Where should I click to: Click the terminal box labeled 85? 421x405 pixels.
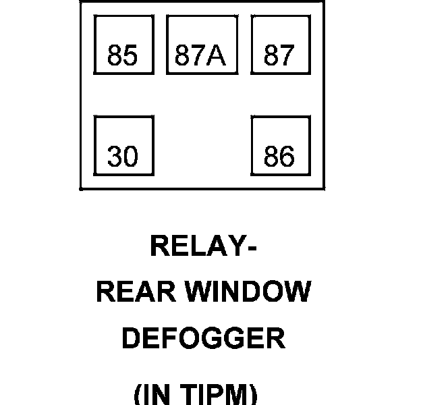(x=123, y=45)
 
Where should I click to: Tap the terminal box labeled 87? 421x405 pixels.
(x=280, y=45)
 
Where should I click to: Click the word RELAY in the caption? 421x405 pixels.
(x=194, y=246)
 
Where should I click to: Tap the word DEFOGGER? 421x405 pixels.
(x=203, y=338)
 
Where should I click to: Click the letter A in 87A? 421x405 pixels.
(x=217, y=55)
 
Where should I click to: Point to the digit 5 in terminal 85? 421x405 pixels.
(x=131, y=55)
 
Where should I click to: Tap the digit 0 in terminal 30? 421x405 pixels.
(x=131, y=157)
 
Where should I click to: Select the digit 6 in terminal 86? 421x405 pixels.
(x=287, y=157)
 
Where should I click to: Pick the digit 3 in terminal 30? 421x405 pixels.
(x=115, y=157)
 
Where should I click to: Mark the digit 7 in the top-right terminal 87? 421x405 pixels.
(x=287, y=55)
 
